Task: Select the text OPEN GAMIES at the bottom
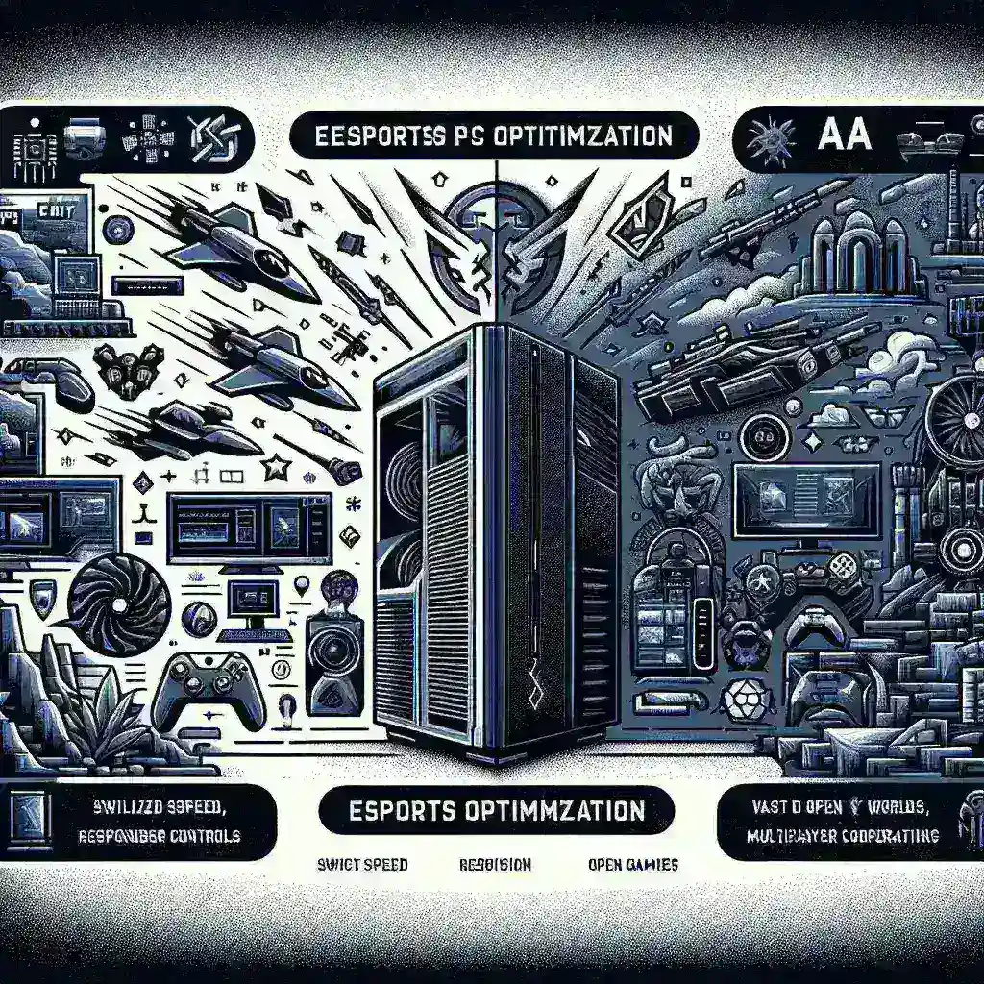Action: [631, 864]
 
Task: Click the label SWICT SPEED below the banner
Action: [363, 864]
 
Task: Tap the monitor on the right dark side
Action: [806, 501]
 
